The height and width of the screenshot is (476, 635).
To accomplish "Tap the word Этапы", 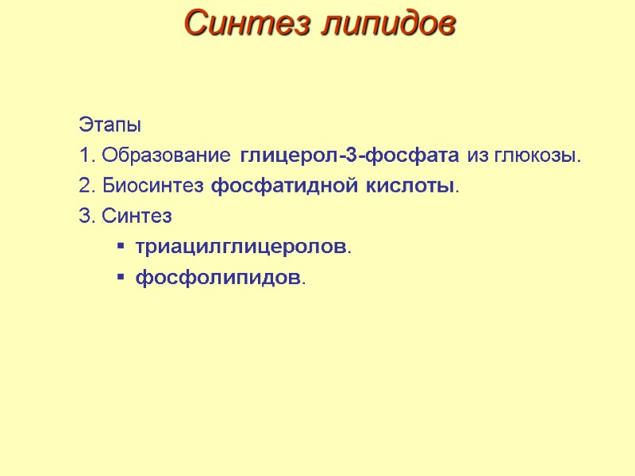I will coord(110,125).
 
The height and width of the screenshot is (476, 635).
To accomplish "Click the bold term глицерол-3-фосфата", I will coord(350,155).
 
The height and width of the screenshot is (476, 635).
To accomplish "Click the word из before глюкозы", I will coord(479,155).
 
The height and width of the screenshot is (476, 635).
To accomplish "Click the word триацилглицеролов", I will coord(241,248).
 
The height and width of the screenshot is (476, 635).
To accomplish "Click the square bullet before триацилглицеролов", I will coord(120,248).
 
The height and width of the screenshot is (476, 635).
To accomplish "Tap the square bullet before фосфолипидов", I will coord(120,278).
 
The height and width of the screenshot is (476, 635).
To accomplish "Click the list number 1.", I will coord(85,155).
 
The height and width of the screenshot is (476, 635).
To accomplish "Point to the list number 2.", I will coord(85,186).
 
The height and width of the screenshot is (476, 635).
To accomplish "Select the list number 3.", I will coord(85,217).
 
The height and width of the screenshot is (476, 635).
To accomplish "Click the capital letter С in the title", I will coord(195,23).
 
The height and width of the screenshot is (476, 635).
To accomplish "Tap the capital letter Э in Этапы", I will coord(84,125).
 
